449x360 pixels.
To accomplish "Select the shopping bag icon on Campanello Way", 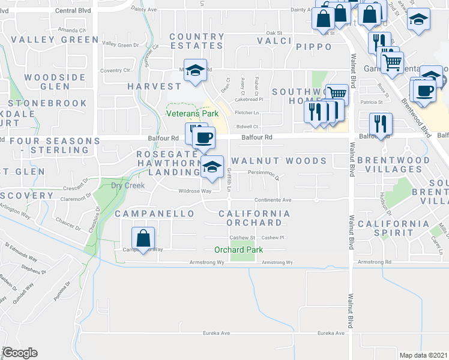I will [143, 239].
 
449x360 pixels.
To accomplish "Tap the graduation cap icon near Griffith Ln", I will [211, 167].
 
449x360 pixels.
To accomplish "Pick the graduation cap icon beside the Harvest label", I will [194, 71].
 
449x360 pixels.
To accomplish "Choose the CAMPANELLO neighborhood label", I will [155, 214].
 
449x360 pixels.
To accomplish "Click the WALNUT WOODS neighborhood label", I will [279, 161].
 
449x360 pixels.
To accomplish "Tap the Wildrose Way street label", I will [195, 191].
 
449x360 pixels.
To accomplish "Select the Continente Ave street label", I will [273, 200].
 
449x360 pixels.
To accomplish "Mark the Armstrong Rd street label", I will [374, 262].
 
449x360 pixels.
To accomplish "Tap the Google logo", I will [20, 353].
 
